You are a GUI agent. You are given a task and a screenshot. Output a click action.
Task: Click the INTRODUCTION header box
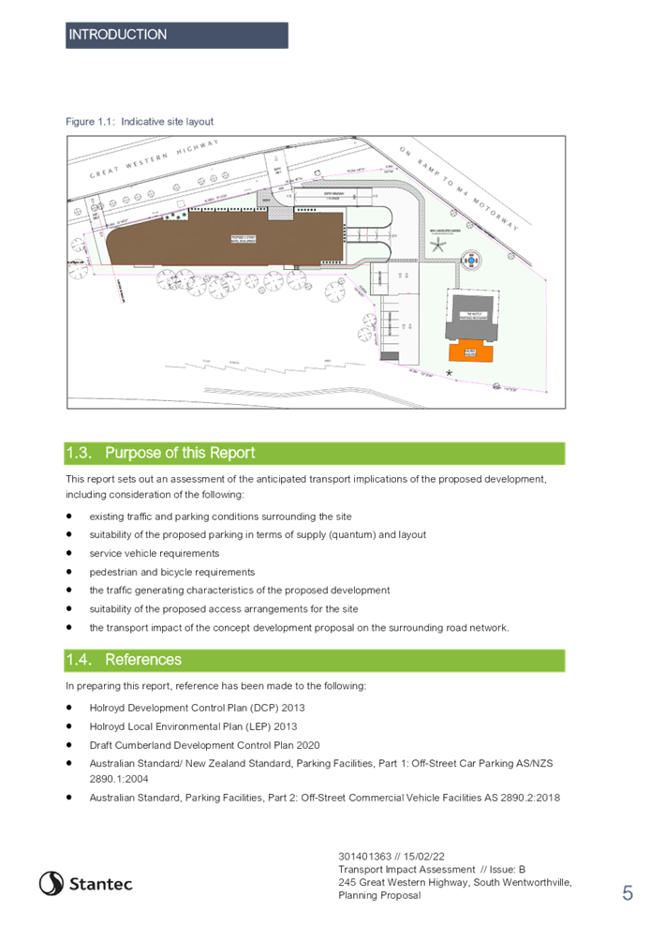tap(176, 35)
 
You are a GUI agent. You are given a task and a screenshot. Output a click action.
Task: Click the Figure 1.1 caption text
tap(140, 121)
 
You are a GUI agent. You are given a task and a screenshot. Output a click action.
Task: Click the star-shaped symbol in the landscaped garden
tap(436, 246)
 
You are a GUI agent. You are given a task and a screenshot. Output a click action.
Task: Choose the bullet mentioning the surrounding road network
tap(300, 627)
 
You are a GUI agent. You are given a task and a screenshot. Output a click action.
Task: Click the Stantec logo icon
tap(51, 883)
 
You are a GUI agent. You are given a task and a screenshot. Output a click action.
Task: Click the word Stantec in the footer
tap(101, 884)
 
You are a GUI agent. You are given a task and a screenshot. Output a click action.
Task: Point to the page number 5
tap(627, 893)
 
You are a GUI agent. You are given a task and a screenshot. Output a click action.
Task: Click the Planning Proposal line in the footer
tap(379, 896)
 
